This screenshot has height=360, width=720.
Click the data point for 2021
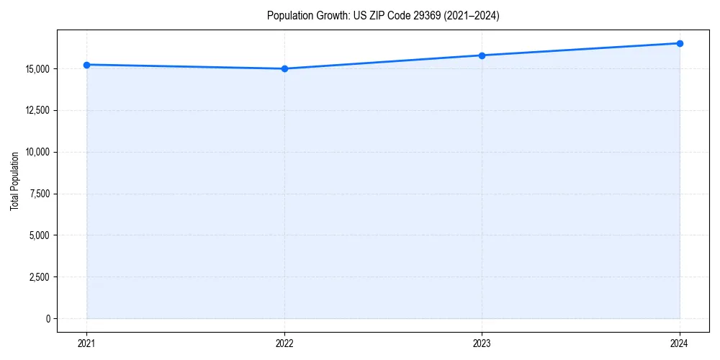click(x=86, y=65)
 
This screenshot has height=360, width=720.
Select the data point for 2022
click(x=284, y=68)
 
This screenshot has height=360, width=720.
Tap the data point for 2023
click(x=482, y=55)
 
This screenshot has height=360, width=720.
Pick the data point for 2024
click(x=680, y=43)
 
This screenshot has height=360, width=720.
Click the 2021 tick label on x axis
click(x=86, y=343)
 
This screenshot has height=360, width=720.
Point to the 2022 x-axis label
click(x=284, y=343)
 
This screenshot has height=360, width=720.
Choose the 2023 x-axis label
click(x=482, y=343)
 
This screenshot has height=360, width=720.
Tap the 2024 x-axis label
click(x=680, y=343)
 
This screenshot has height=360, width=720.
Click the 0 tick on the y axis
click(x=48, y=318)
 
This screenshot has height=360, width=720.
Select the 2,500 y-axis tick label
click(x=39, y=277)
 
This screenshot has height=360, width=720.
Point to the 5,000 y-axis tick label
click(x=39, y=235)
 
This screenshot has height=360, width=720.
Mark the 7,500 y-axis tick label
click(x=39, y=194)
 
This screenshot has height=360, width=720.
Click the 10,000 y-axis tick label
click(x=37, y=152)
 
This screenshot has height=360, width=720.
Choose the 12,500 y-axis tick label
click(x=37, y=110)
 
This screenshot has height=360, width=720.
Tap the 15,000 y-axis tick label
click(x=37, y=69)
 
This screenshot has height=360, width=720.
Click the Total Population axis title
click(x=14, y=181)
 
